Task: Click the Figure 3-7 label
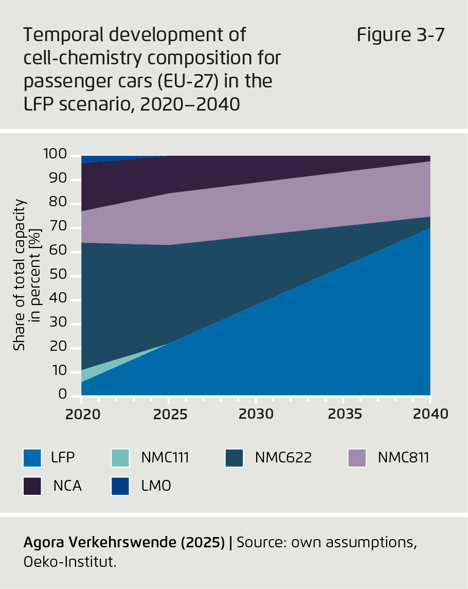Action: coord(400,35)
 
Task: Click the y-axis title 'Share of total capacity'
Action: coord(20,275)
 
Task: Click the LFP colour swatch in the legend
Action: coord(32,457)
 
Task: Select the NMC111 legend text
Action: coord(165,457)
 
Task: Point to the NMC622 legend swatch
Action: coord(234,457)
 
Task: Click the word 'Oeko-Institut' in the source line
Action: coord(69,562)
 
